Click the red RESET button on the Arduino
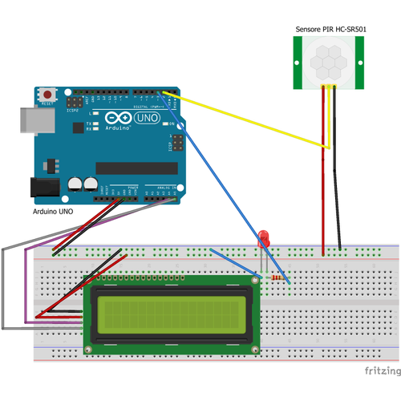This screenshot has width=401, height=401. tap(51, 94)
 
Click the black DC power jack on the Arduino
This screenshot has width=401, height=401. tap(45, 187)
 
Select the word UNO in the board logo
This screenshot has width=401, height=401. tap(147, 118)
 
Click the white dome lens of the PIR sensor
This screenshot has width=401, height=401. tap(330, 61)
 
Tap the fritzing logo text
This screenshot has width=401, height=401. tap(381, 371)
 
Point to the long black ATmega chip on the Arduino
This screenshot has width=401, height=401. tap(136, 168)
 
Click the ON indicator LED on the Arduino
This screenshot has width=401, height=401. tap(169, 124)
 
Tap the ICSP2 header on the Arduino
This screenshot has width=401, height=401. tap(74, 104)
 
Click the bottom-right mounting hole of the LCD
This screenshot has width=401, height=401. tap(256, 350)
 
